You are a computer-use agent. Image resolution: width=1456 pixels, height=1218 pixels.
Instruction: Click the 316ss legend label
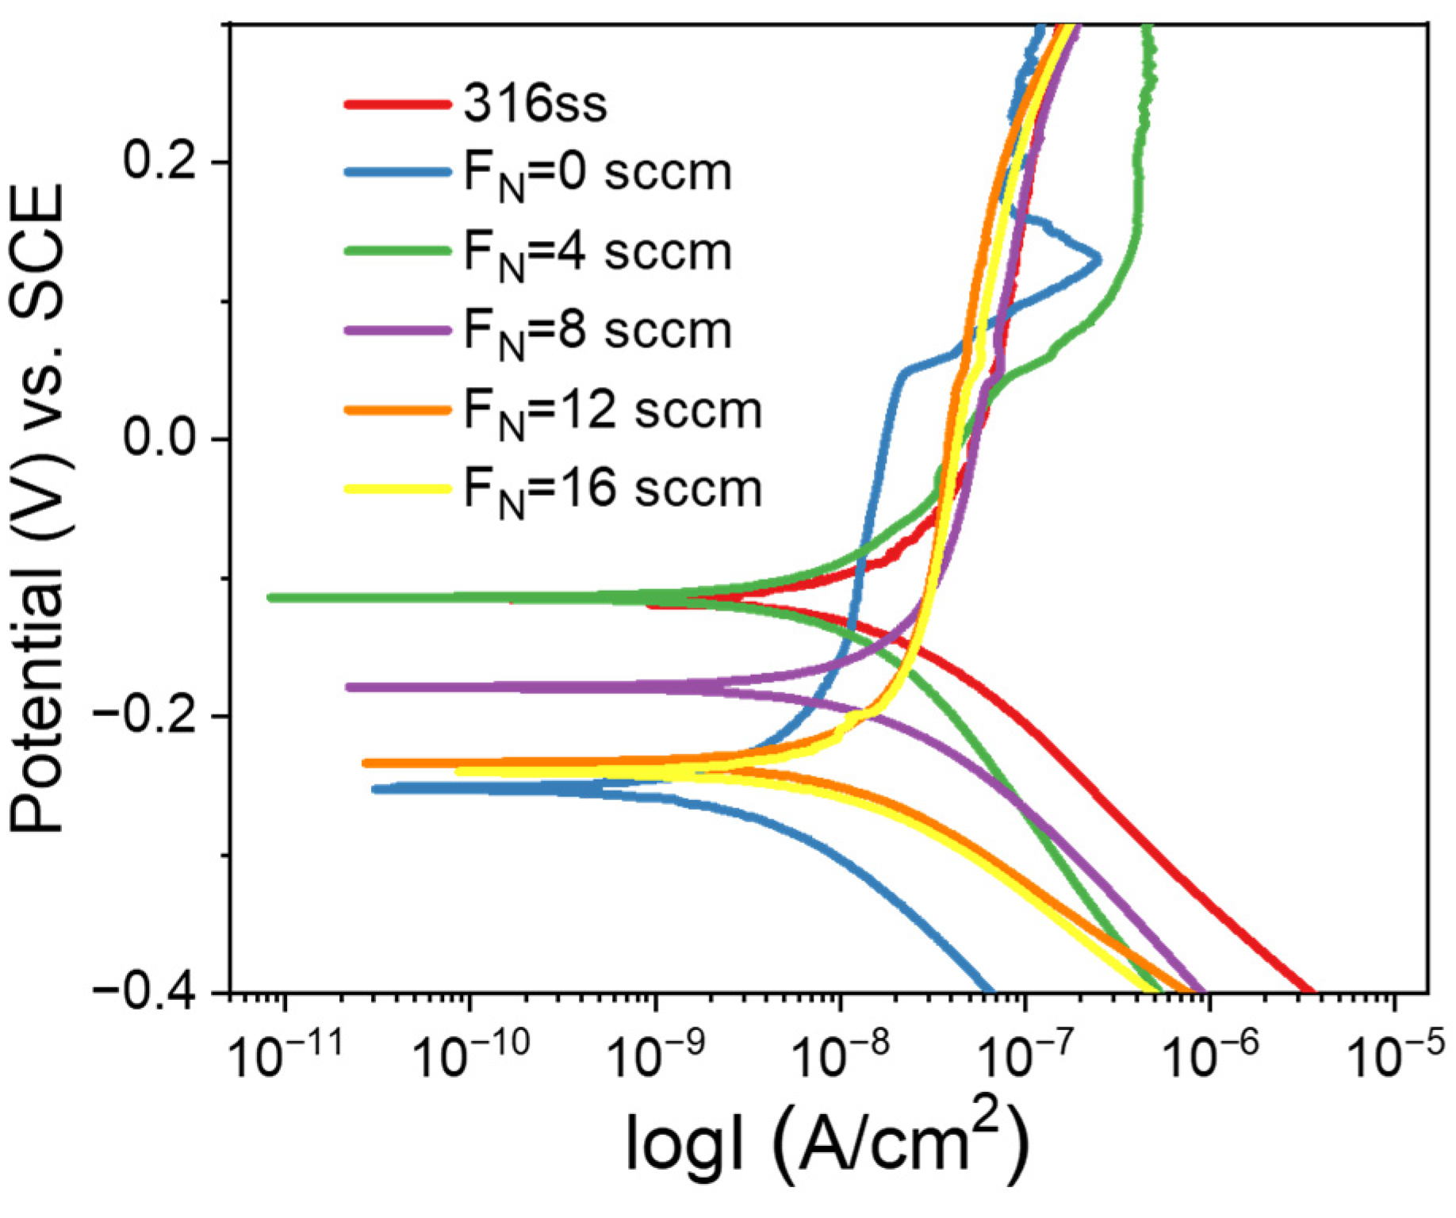(535, 103)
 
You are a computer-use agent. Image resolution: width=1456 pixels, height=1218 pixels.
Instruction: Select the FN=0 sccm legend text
(596, 174)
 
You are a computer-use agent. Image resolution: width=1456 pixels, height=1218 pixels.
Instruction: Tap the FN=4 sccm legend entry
(596, 254)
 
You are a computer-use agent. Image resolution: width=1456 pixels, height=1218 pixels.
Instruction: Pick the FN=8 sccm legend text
(596, 332)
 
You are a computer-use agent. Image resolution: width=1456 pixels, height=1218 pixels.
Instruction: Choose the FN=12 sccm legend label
(611, 412)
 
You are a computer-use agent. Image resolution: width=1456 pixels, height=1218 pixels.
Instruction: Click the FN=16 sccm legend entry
(611, 490)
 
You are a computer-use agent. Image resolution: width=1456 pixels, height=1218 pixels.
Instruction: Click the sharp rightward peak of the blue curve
(1099, 259)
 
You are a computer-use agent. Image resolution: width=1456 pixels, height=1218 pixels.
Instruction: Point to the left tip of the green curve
(271, 597)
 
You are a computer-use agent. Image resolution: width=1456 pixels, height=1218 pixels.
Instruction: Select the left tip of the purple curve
(349, 687)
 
